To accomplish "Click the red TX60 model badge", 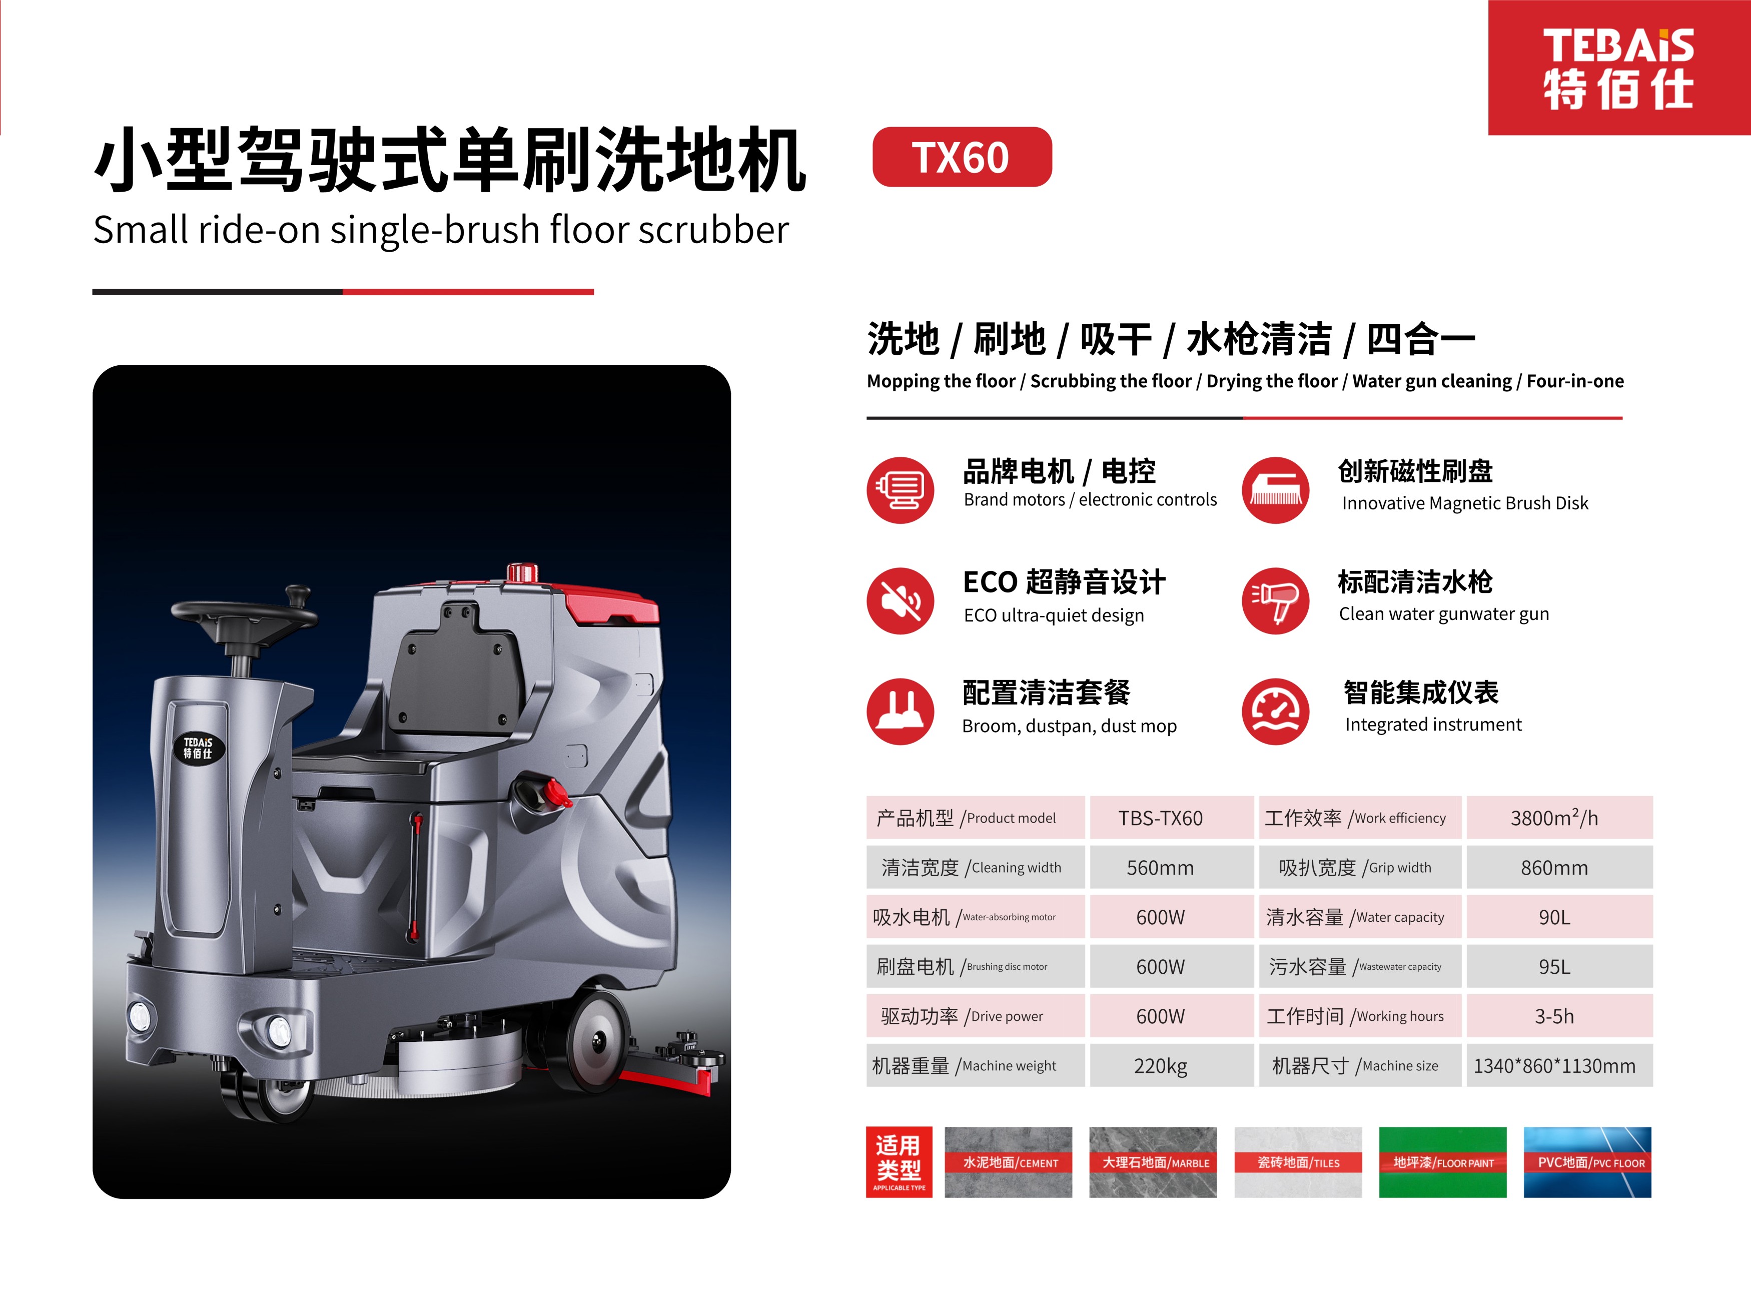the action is [962, 157].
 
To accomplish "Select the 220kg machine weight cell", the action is [1160, 1065].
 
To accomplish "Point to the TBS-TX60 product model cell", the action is [1160, 818].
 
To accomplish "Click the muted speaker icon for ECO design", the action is [900, 600].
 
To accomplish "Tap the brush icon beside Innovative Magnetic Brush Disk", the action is [1276, 490].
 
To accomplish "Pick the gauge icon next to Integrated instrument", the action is [1276, 711].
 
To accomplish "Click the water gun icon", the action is [1276, 600].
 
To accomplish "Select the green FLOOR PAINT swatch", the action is [1442, 1162].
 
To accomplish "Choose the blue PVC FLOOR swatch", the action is [1588, 1162].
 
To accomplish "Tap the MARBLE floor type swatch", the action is [1153, 1162].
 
